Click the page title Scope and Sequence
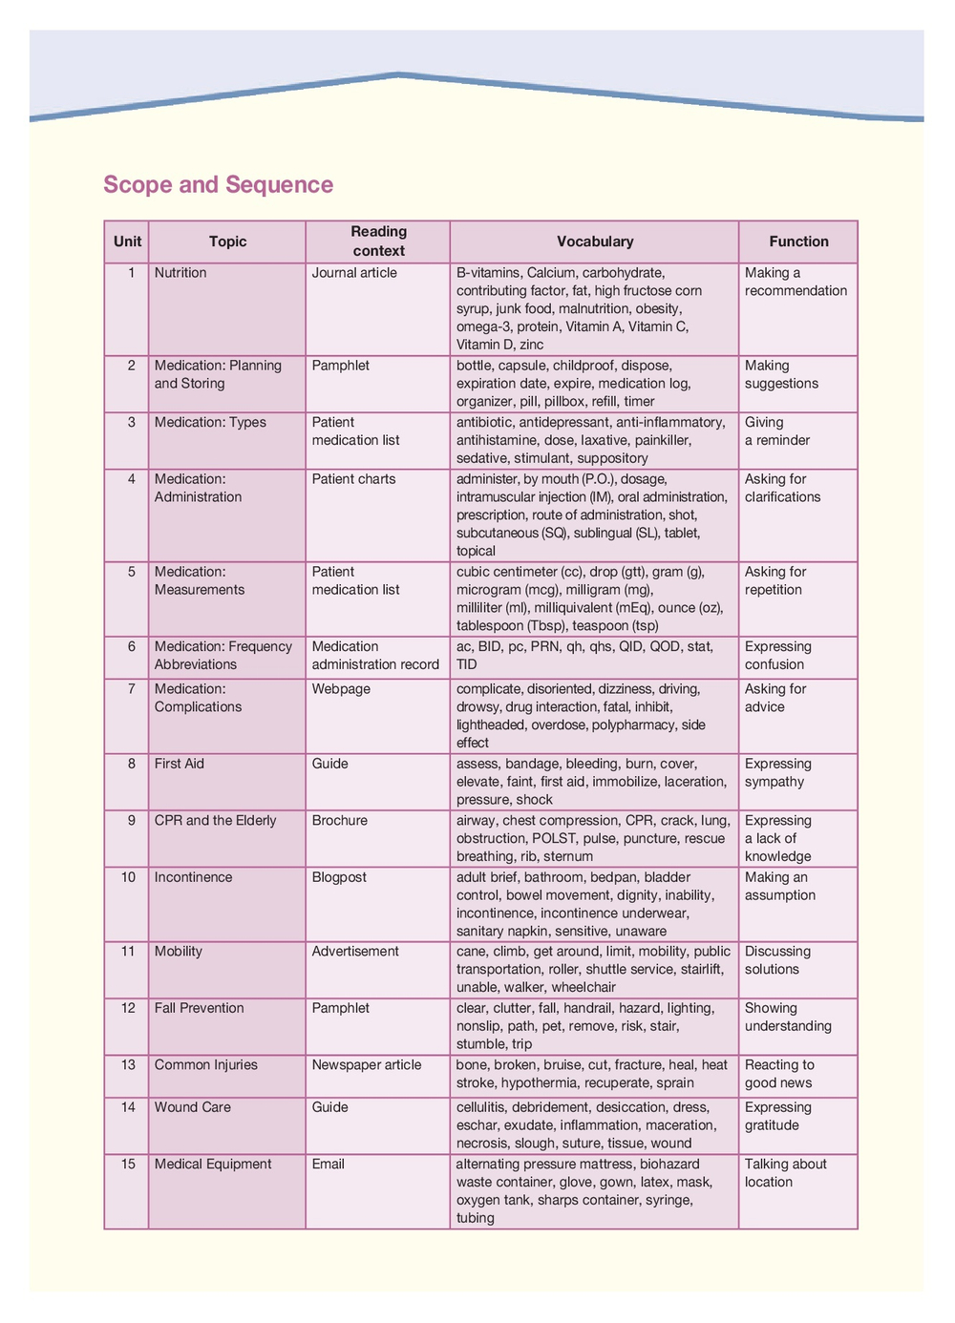pos(218,184)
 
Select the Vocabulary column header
pos(595,241)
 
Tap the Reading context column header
pos(378,241)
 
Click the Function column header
pos(798,241)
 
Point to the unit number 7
pos(132,688)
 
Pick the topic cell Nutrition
pos(180,273)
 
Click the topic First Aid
pos(180,764)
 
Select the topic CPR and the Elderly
pos(215,820)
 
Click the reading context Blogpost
pos(339,877)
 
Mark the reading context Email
pos(329,1164)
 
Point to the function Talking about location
pos(785,1173)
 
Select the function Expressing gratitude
pos(778,1116)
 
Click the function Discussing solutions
pos(777,960)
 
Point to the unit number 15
pos(128,1164)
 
